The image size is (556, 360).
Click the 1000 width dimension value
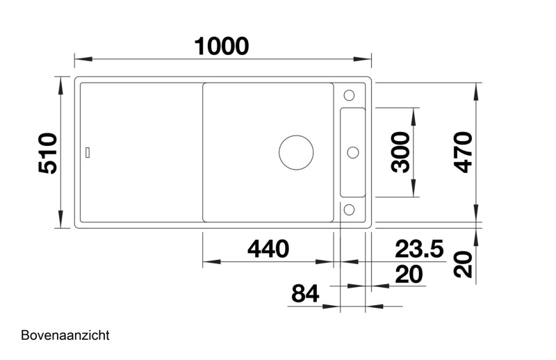coord(221,46)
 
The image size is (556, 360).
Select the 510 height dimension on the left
coord(48,154)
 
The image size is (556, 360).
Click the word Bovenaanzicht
coord(65,336)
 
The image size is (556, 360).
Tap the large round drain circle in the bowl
coord(296,152)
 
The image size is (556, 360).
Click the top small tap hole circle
coord(350,95)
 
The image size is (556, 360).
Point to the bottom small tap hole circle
coord(350,209)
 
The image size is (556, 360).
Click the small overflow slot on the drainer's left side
coord(88,152)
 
